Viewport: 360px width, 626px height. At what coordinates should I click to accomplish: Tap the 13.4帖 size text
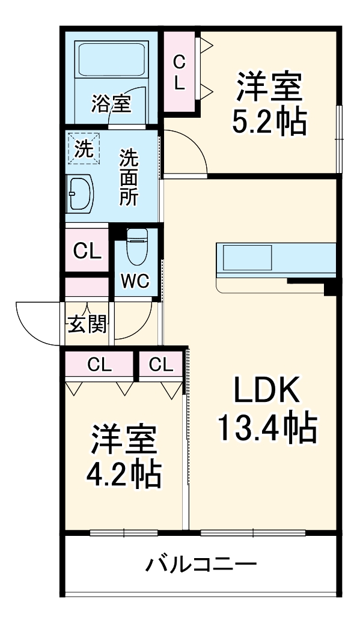[x=267, y=428]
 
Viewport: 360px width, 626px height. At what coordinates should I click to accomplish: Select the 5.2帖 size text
[x=269, y=122]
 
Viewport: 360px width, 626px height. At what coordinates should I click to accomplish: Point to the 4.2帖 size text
[x=124, y=475]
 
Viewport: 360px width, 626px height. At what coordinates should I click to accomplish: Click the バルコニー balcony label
[x=201, y=565]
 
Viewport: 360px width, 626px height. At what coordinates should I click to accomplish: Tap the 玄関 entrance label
[x=87, y=324]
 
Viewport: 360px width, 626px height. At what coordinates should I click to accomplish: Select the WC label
[x=136, y=281]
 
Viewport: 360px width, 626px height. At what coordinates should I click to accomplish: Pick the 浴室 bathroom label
[x=111, y=103]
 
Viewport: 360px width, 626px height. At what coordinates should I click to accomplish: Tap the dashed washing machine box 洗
[x=83, y=148]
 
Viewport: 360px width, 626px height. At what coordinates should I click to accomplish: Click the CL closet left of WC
[x=87, y=251]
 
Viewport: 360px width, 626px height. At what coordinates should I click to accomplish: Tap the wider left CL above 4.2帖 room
[x=99, y=363]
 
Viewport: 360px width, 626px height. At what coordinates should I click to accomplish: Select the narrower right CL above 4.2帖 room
[x=161, y=363]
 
